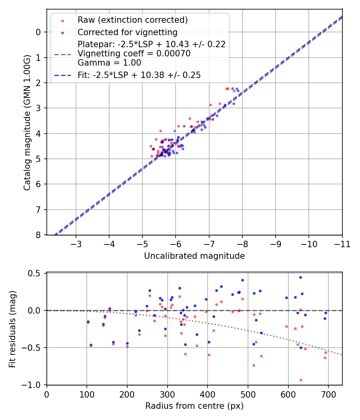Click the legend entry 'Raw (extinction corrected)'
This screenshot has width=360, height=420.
pyautogui.click(x=132, y=20)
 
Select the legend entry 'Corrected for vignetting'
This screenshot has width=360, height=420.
pyautogui.click(x=128, y=32)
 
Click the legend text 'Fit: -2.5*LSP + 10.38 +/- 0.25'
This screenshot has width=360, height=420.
pyautogui.click(x=139, y=75)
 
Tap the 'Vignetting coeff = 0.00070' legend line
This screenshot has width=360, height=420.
pyautogui.click(x=134, y=53)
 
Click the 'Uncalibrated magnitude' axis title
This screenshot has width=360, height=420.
pyautogui.click(x=194, y=256)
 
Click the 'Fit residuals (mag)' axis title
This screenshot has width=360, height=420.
pyautogui.click(x=12, y=329)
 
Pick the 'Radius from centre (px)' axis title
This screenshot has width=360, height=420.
pyautogui.click(x=194, y=406)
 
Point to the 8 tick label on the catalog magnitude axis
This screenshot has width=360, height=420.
pyautogui.click(x=38, y=235)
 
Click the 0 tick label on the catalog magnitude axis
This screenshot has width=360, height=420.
pyautogui.click(x=38, y=32)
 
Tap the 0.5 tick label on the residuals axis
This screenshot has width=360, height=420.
pyautogui.click(x=36, y=273)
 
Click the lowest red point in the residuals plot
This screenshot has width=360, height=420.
pyautogui.click(x=301, y=380)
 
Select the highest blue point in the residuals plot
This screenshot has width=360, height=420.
pyautogui.click(x=300, y=277)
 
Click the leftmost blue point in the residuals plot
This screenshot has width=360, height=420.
pyautogui.click(x=88, y=322)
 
